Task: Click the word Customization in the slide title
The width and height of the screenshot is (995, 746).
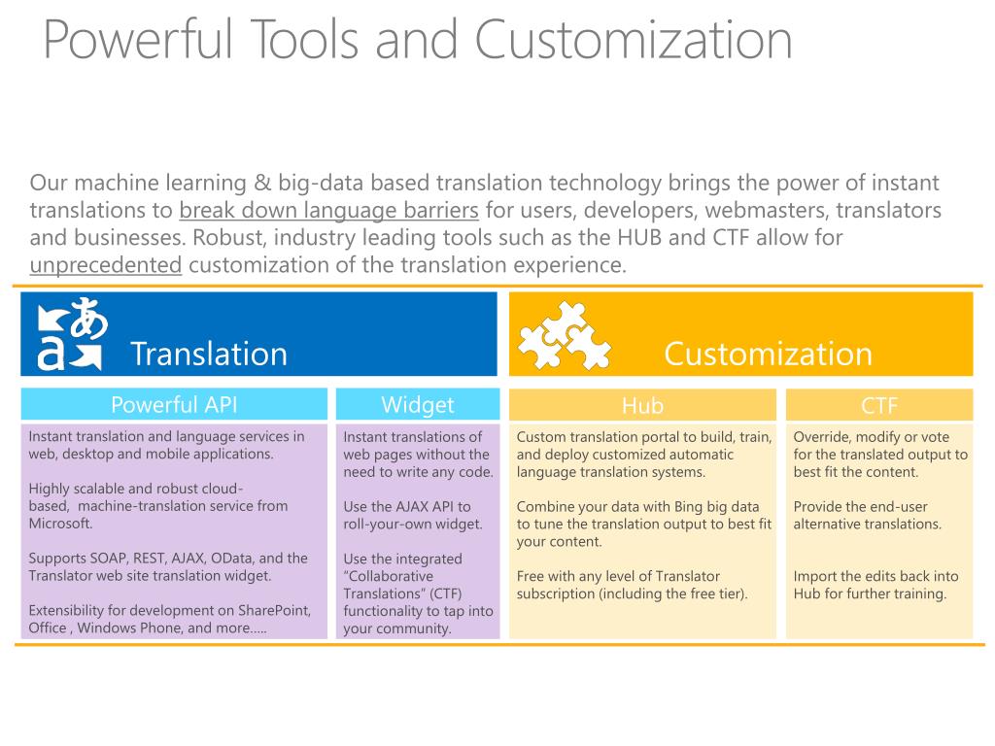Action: point(634,41)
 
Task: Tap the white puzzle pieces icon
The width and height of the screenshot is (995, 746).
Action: point(563,335)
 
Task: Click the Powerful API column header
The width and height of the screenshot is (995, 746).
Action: point(174,405)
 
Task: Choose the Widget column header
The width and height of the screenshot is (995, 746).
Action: point(417,405)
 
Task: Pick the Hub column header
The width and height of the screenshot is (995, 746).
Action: point(642,406)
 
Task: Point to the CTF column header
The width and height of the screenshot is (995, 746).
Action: point(878,406)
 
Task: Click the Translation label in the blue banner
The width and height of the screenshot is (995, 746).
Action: point(209,354)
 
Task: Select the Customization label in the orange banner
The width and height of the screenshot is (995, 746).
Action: point(768,354)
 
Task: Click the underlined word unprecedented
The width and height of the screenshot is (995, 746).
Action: point(106,265)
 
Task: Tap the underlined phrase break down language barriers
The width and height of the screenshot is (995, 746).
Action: point(329,210)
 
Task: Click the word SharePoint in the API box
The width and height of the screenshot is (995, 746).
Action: point(273,611)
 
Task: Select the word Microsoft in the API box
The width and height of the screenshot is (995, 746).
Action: point(60,524)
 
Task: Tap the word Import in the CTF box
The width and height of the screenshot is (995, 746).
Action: point(815,577)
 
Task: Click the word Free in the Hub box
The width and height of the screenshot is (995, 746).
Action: point(532,577)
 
